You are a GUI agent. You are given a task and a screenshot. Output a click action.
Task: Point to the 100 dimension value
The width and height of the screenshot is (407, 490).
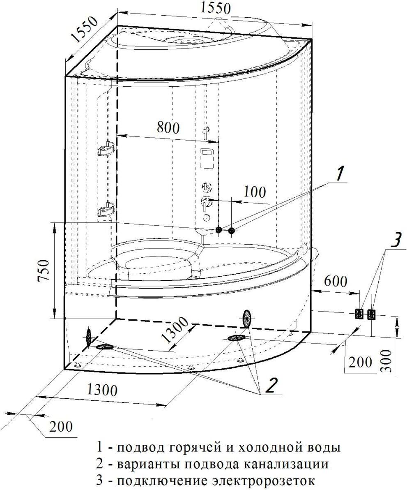(255, 192)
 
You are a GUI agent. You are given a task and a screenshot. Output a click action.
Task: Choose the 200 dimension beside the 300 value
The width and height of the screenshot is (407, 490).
(360, 362)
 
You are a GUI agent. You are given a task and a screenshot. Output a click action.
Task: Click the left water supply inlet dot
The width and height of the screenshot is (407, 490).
(219, 230)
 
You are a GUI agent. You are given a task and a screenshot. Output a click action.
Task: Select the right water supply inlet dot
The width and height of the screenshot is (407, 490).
(232, 231)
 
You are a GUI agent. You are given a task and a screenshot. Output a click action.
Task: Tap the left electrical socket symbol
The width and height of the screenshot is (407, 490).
(359, 314)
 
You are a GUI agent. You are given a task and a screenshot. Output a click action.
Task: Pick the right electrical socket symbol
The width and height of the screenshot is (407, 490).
(372, 314)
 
